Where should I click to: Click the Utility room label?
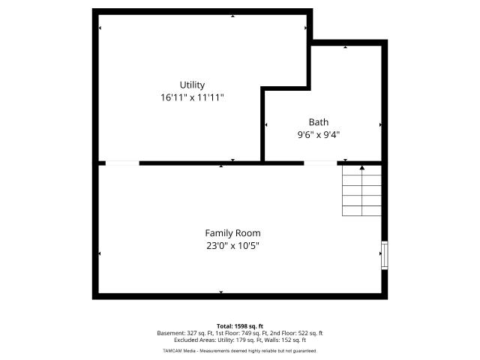(192, 85)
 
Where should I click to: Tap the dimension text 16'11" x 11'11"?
(192, 97)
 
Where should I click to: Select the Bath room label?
(319, 122)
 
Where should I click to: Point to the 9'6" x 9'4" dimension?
(319, 135)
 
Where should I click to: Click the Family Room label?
(232, 233)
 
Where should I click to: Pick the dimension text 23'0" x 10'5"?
(232, 246)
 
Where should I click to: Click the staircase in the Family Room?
(361, 191)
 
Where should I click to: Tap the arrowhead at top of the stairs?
(362, 167)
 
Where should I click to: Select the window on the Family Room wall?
(385, 256)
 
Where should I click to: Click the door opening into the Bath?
(320, 163)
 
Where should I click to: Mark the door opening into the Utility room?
(122, 163)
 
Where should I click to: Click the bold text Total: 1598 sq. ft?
(240, 326)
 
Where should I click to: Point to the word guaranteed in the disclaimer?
(305, 351)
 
